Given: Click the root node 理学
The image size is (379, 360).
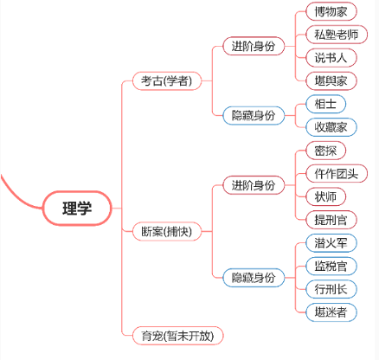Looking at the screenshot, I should pyautogui.click(x=77, y=208).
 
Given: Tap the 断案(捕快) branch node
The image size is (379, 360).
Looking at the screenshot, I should pyautogui.click(x=166, y=231).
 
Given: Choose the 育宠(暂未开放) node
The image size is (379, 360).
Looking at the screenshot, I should pyautogui.click(x=177, y=335).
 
